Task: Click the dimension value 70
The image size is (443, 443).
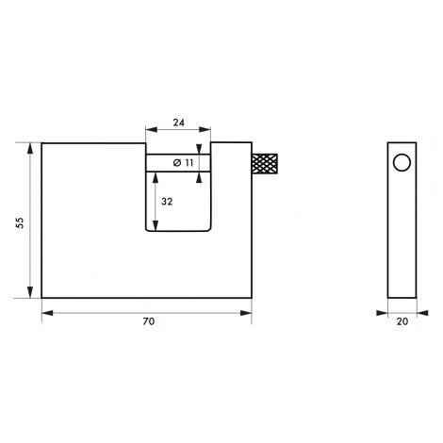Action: pyautogui.click(x=149, y=321)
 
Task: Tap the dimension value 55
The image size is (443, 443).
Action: pyautogui.click(x=20, y=222)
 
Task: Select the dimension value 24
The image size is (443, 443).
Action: pyautogui.click(x=179, y=123)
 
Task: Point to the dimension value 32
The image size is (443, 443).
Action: pyautogui.click(x=167, y=202)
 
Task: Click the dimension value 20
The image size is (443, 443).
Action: pyautogui.click(x=402, y=321)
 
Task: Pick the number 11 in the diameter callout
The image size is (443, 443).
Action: pyautogui.click(x=189, y=163)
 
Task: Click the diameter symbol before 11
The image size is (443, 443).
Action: pyautogui.click(x=177, y=163)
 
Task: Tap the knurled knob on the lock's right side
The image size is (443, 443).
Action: pyautogui.click(x=264, y=163)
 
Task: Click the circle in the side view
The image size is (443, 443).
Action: pyautogui.click(x=402, y=163)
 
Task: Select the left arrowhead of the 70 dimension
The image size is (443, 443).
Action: pyautogui.click(x=47, y=313)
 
